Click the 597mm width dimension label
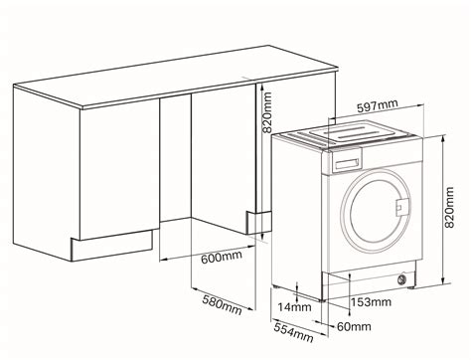point(377,107)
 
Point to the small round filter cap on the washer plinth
point(402,279)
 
